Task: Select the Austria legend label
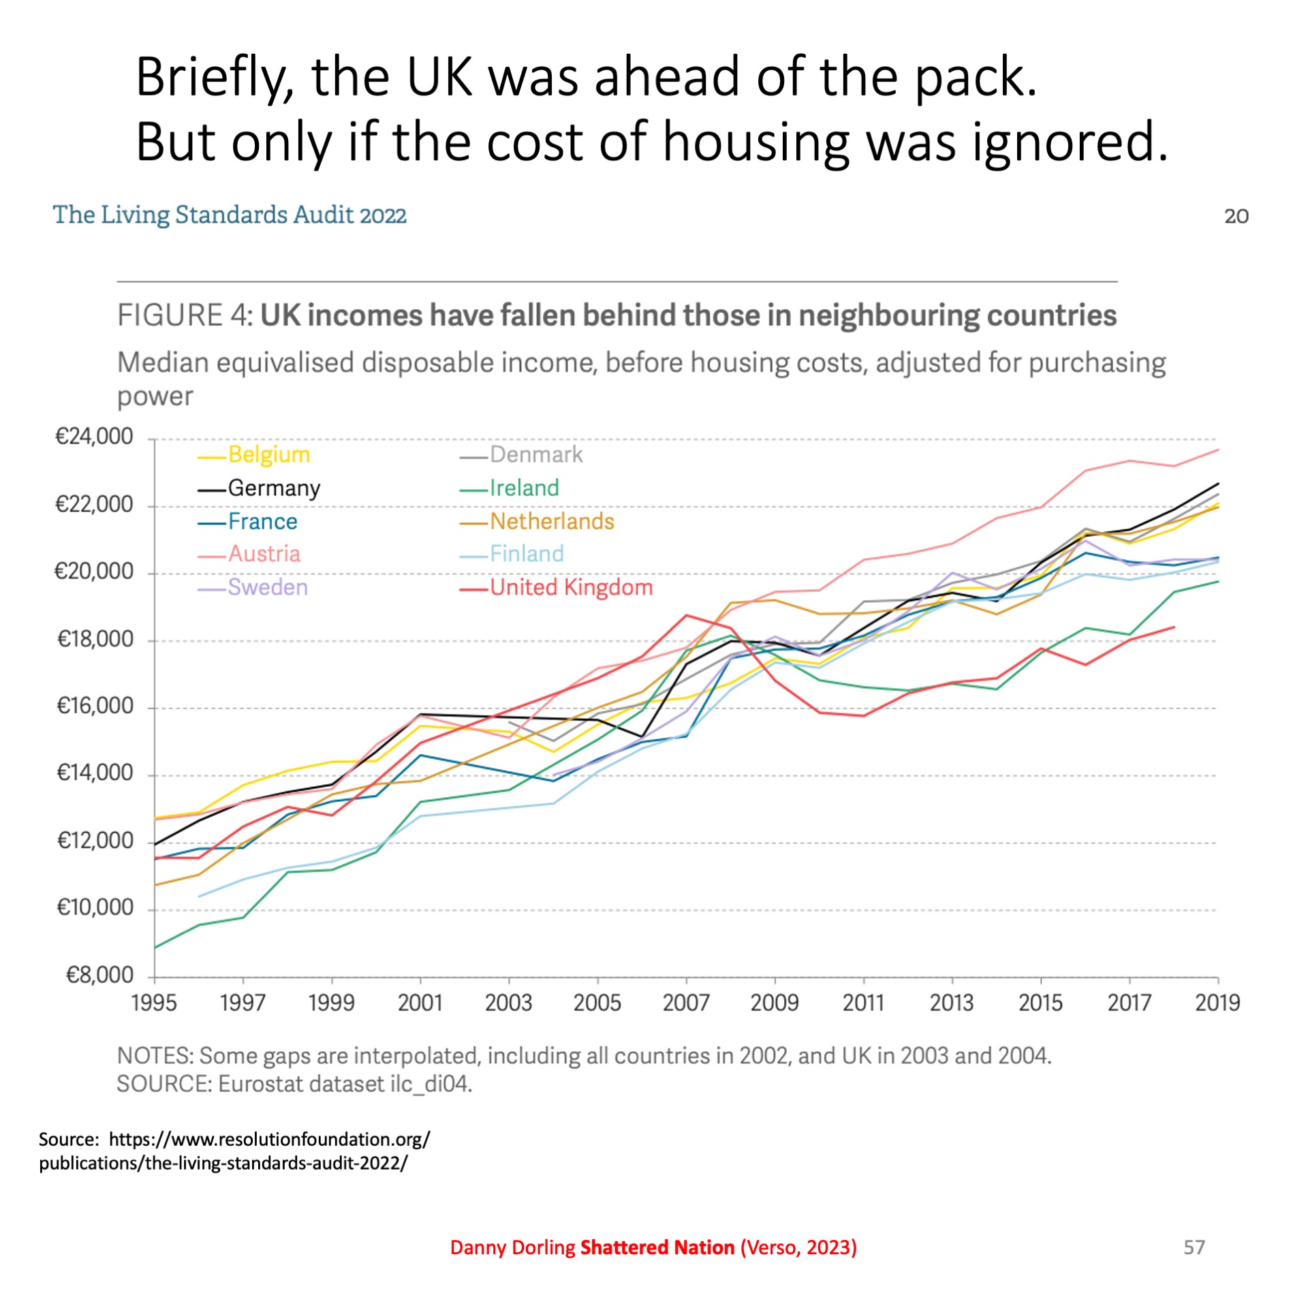tap(264, 554)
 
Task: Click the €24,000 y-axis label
tap(94, 437)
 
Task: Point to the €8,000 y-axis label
tap(99, 975)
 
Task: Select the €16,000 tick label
tap(95, 706)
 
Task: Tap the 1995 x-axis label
tap(154, 1003)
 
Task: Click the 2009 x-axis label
tap(775, 1003)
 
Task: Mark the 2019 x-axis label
tap(1217, 1003)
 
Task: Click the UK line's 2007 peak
tap(687, 616)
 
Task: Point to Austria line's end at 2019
tap(1218, 450)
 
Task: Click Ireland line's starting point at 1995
tap(155, 948)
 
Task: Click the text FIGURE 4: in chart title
tap(185, 315)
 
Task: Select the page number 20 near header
tap(1236, 217)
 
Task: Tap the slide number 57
tap(1194, 1247)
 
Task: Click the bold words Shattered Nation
tap(657, 1247)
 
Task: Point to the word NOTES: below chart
tap(155, 1055)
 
